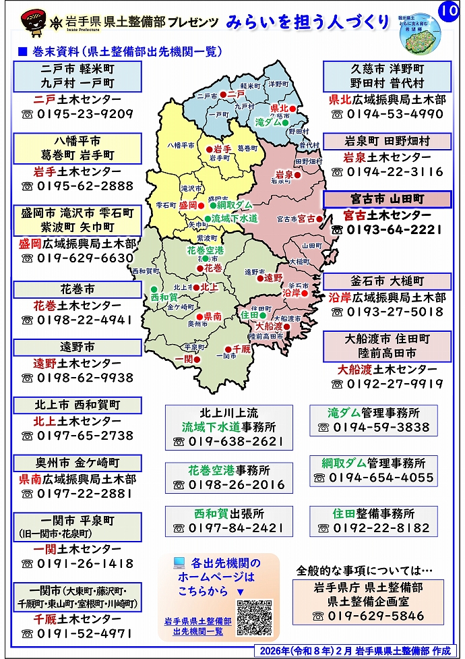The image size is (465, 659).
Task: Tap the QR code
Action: [x=254, y=617]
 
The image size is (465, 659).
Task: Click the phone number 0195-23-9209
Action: [x=84, y=113]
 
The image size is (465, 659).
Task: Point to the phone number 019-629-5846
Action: [x=375, y=616]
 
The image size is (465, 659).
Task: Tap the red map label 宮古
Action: [x=307, y=219]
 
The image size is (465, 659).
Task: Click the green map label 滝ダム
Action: [x=268, y=123]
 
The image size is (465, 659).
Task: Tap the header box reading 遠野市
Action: [x=77, y=347]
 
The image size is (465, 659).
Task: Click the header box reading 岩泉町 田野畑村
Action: [x=387, y=142]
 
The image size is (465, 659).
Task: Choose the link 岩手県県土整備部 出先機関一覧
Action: [x=197, y=626]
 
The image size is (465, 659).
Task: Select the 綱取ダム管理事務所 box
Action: [x=373, y=471]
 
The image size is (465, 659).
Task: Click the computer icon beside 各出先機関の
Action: [x=179, y=562]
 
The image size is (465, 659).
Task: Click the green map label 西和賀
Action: [x=164, y=296]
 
